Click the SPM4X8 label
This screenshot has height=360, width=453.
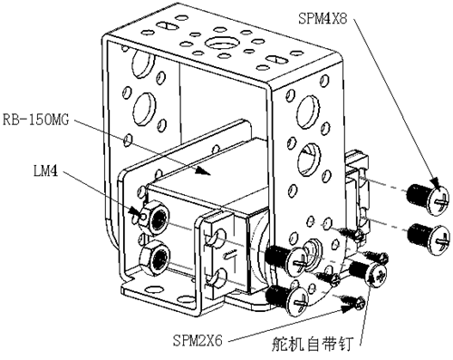(323, 18)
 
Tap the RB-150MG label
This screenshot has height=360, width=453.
(35, 120)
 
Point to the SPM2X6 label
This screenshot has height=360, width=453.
(198, 341)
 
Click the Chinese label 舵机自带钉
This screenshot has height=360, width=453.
(312, 345)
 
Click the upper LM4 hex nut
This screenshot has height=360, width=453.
(154, 217)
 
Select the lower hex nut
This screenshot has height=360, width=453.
(155, 258)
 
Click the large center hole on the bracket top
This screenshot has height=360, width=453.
(218, 43)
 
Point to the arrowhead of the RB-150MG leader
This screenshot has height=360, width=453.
(202, 170)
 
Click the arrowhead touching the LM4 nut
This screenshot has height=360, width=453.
(135, 211)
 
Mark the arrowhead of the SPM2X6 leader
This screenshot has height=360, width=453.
(347, 307)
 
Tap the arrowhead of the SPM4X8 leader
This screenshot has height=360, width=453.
(436, 182)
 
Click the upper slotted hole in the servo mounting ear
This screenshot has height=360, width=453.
(216, 237)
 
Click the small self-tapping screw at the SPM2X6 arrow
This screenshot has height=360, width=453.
(354, 301)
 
